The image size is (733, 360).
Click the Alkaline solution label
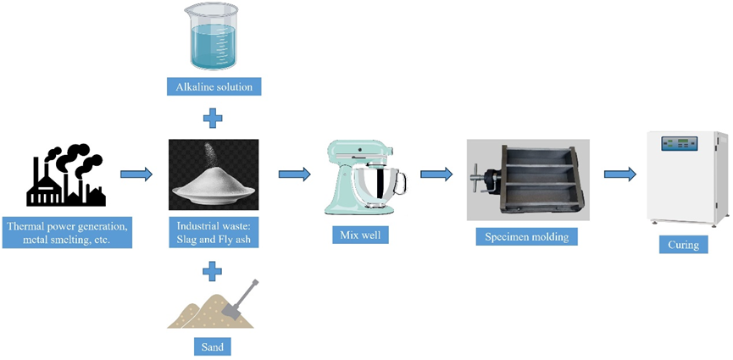pos(214,86)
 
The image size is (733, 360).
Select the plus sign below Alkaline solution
pos(214,117)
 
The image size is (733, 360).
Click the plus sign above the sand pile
pos(214,272)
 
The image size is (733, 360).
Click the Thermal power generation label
pos(68,233)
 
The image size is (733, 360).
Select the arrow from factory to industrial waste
pos(136,174)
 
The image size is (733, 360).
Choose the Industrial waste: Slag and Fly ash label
pos(214,233)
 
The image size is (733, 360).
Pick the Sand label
pos(213,346)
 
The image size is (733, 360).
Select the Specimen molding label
pos(526,235)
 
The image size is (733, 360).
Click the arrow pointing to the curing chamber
pos(619,174)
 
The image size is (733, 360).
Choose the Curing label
pos(683,245)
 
